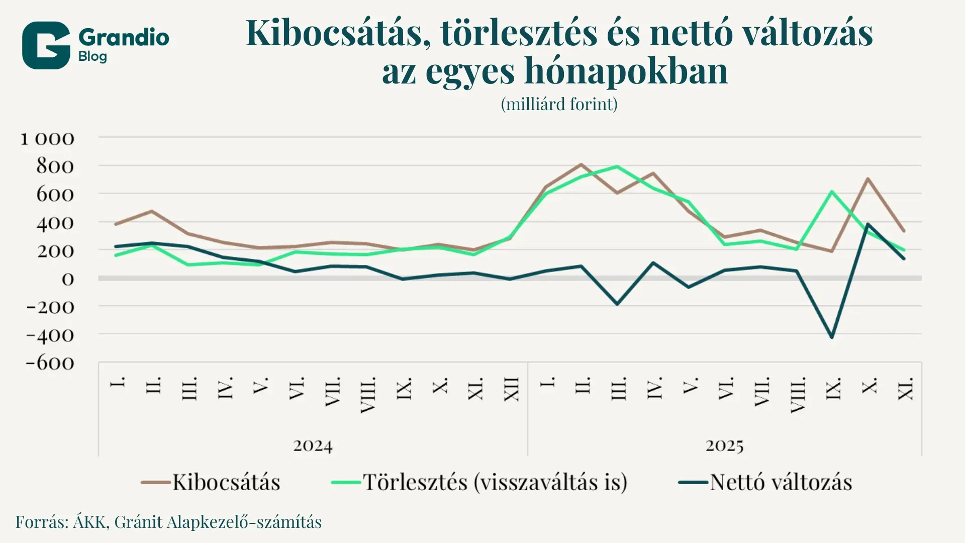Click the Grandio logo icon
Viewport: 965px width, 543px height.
(x=46, y=45)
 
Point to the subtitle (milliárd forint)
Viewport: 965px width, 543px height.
(x=559, y=104)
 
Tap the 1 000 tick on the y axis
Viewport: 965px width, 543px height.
(x=47, y=139)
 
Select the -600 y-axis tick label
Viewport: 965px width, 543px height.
(x=50, y=363)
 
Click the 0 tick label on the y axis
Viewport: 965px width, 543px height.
(x=68, y=279)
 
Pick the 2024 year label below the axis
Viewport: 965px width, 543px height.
(x=313, y=445)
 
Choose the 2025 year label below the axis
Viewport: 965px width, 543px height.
(x=724, y=445)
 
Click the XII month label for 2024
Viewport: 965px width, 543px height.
(x=511, y=389)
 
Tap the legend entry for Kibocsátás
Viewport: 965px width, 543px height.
(x=211, y=482)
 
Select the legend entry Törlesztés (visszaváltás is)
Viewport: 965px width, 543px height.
(x=479, y=482)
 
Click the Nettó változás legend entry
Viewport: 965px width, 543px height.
(x=765, y=482)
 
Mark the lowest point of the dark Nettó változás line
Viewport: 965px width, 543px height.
(x=832, y=337)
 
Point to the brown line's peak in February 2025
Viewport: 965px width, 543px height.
(x=581, y=164)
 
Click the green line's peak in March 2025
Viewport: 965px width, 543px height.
(x=617, y=166)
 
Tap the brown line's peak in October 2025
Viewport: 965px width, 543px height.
(x=867, y=178)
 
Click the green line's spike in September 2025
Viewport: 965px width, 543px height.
(x=832, y=192)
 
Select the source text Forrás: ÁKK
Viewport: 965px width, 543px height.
(x=60, y=522)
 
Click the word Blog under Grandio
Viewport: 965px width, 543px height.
(x=92, y=56)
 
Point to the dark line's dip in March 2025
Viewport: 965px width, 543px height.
(x=617, y=304)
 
